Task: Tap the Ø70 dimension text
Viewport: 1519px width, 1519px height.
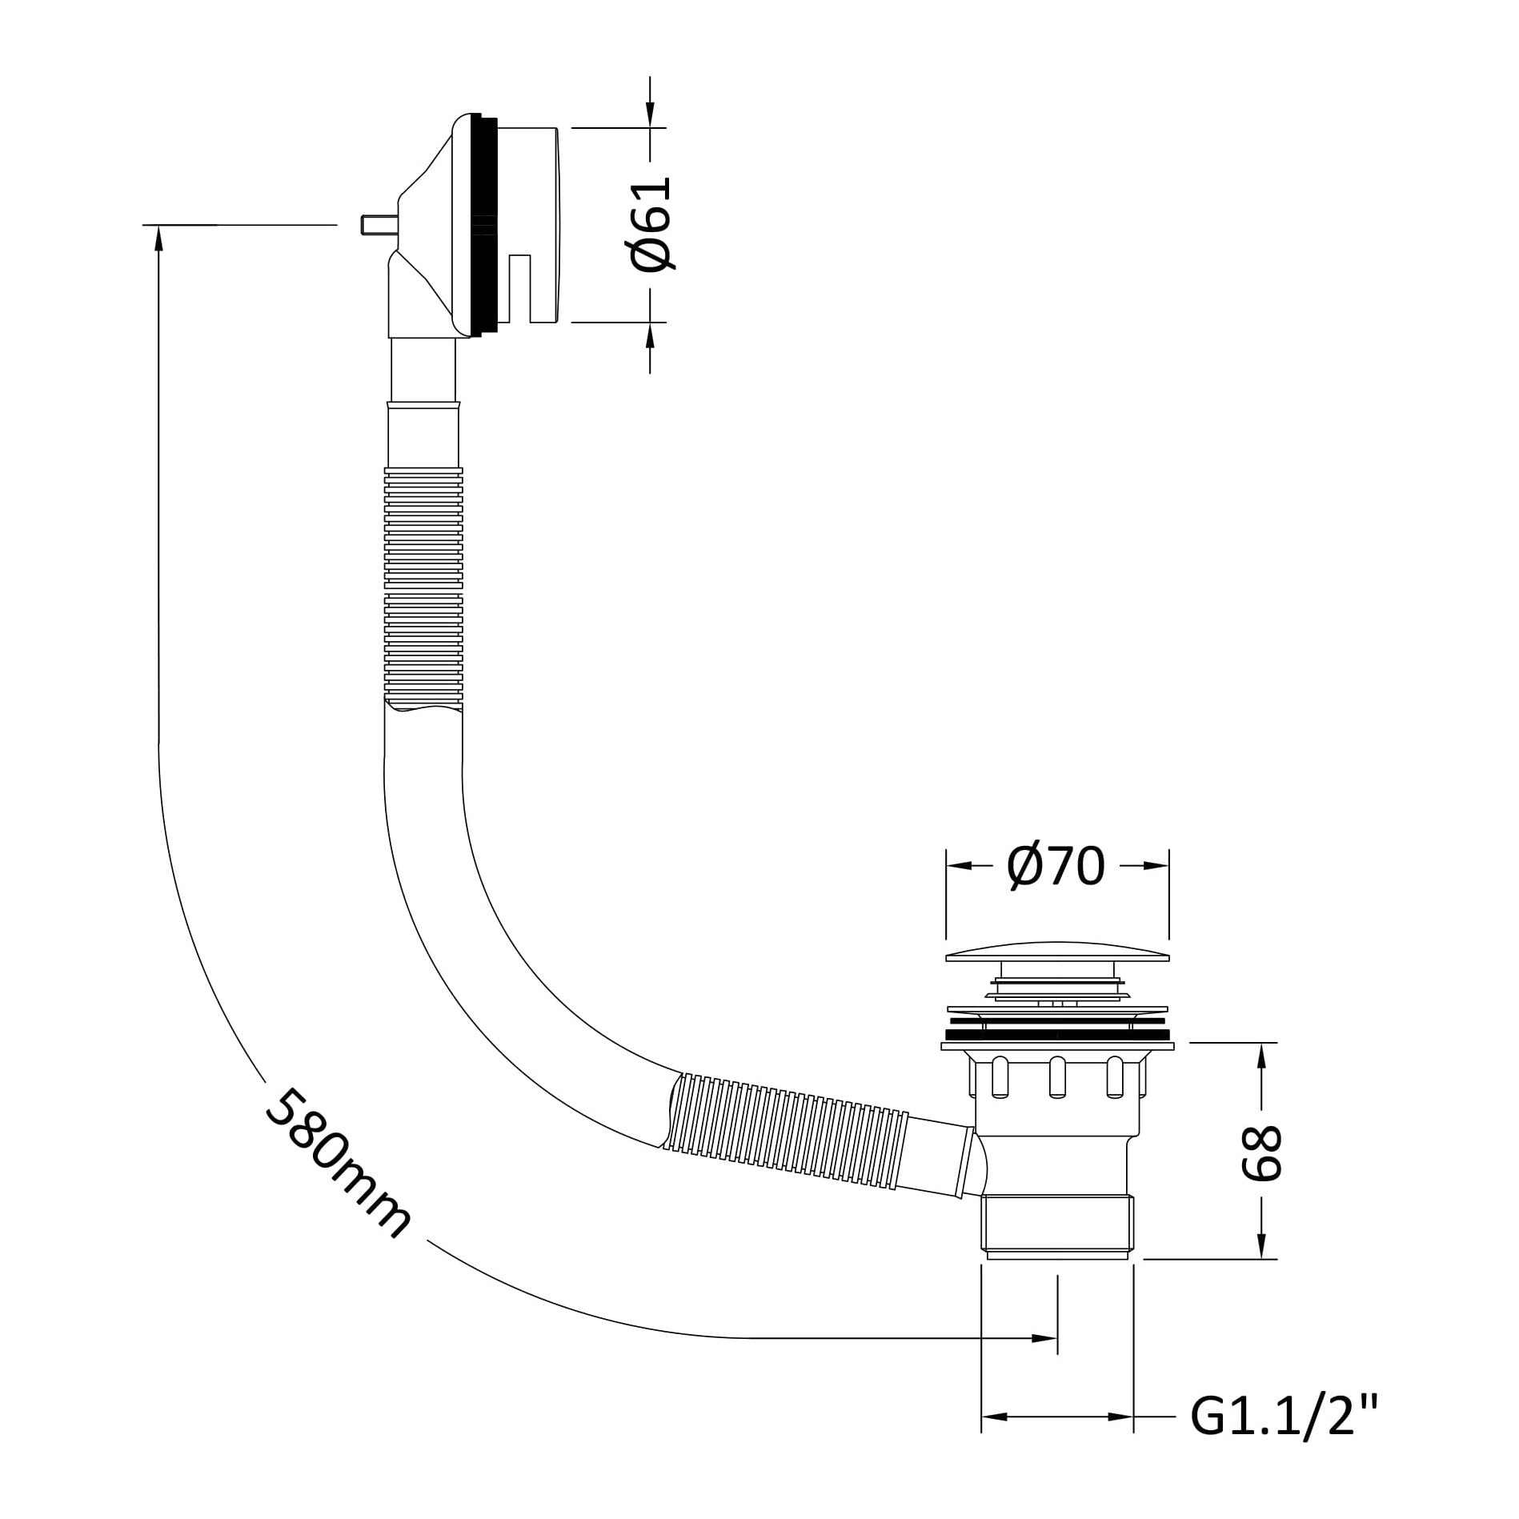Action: pos(1056,865)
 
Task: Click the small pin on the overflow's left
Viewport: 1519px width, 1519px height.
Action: pos(375,226)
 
